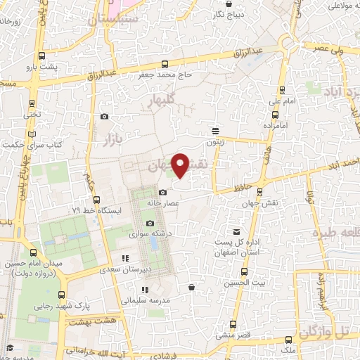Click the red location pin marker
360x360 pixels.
click(x=181, y=165)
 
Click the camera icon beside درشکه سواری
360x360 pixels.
click(x=150, y=223)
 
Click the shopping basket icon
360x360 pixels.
click(x=192, y=287)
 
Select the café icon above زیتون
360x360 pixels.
click(x=215, y=130)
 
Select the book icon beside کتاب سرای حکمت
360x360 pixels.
click(x=32, y=134)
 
